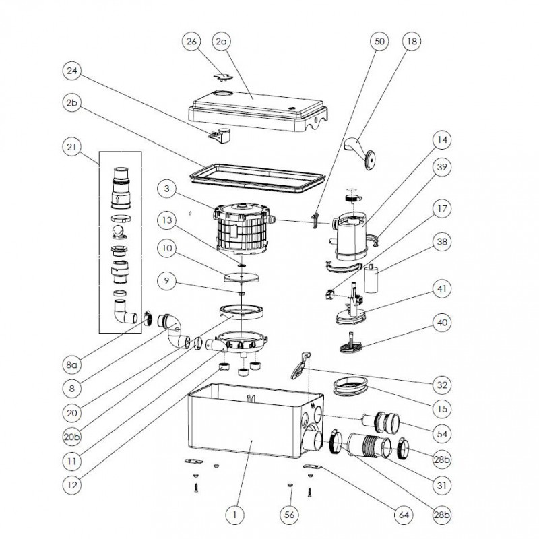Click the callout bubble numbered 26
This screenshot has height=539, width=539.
tap(192, 42)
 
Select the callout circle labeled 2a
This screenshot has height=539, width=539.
tap(221, 42)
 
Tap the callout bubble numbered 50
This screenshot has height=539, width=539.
tap(379, 42)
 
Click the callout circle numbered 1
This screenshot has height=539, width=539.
tap(234, 515)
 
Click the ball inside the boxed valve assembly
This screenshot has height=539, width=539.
tap(119, 232)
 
